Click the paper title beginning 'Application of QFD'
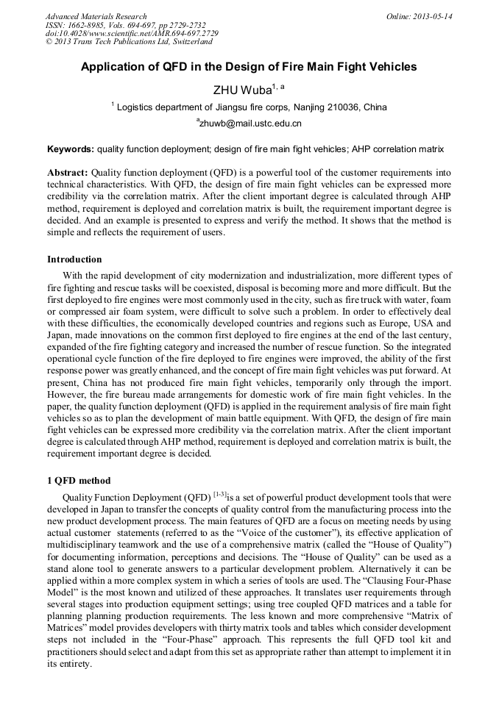pos(249,67)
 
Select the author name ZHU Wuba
pos(243,90)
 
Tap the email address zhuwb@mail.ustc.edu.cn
pos(249,124)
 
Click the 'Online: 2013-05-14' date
pos(420,16)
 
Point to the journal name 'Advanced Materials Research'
pos(96,16)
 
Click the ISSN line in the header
pos(126,25)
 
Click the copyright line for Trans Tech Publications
pos(129,42)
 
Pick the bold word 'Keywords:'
pos(71,149)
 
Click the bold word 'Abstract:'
pos(68,172)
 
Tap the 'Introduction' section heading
pos(74,260)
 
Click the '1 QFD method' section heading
pos(79,481)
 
